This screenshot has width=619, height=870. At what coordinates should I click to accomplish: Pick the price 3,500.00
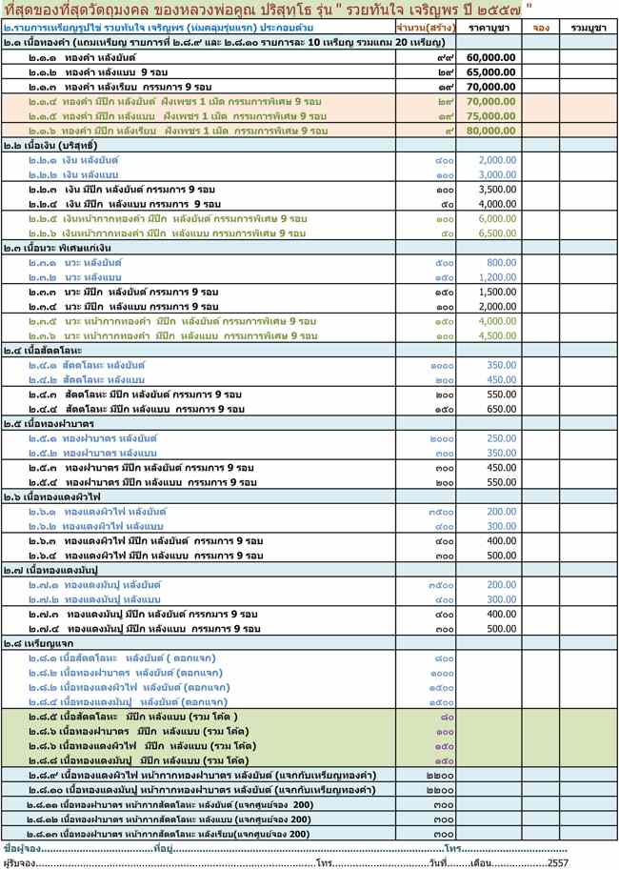[x=496, y=190]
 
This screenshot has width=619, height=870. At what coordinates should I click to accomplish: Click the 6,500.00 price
[x=496, y=233]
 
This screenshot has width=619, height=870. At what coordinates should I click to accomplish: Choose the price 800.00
[x=501, y=262]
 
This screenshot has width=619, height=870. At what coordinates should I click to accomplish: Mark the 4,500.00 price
[x=496, y=335]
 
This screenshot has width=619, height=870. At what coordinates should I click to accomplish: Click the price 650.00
[x=501, y=409]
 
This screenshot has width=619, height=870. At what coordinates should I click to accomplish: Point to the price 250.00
[x=501, y=438]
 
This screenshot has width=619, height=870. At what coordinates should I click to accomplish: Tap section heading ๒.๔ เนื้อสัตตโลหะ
[x=42, y=351]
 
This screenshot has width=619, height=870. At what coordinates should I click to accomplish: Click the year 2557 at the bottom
[x=558, y=862]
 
